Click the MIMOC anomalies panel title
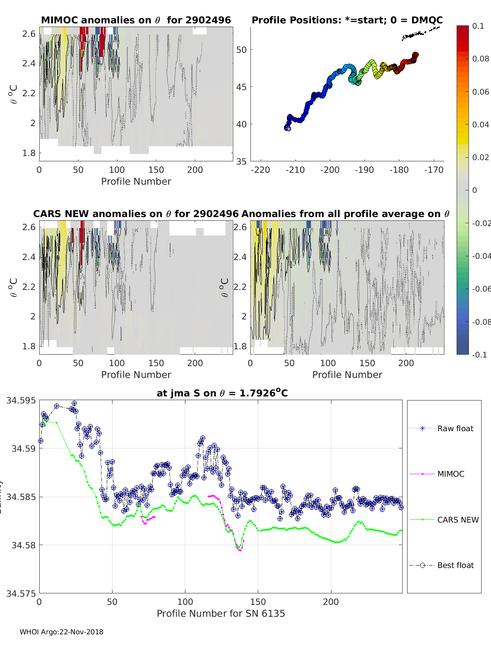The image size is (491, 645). [136, 20]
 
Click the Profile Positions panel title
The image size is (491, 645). [347, 20]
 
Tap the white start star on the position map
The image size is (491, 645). [288, 128]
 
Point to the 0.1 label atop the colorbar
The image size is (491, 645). [478, 26]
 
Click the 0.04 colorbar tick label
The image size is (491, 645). [480, 124]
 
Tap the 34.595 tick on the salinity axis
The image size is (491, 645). [21, 401]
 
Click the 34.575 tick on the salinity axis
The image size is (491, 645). [21, 593]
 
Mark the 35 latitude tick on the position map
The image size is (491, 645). [241, 161]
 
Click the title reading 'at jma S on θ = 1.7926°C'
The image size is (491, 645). [222, 393]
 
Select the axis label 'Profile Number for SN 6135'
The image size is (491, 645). [221, 613]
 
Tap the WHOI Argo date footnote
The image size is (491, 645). [61, 632]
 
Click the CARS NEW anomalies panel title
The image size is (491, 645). [136, 214]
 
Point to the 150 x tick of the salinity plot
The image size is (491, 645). [258, 602]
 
